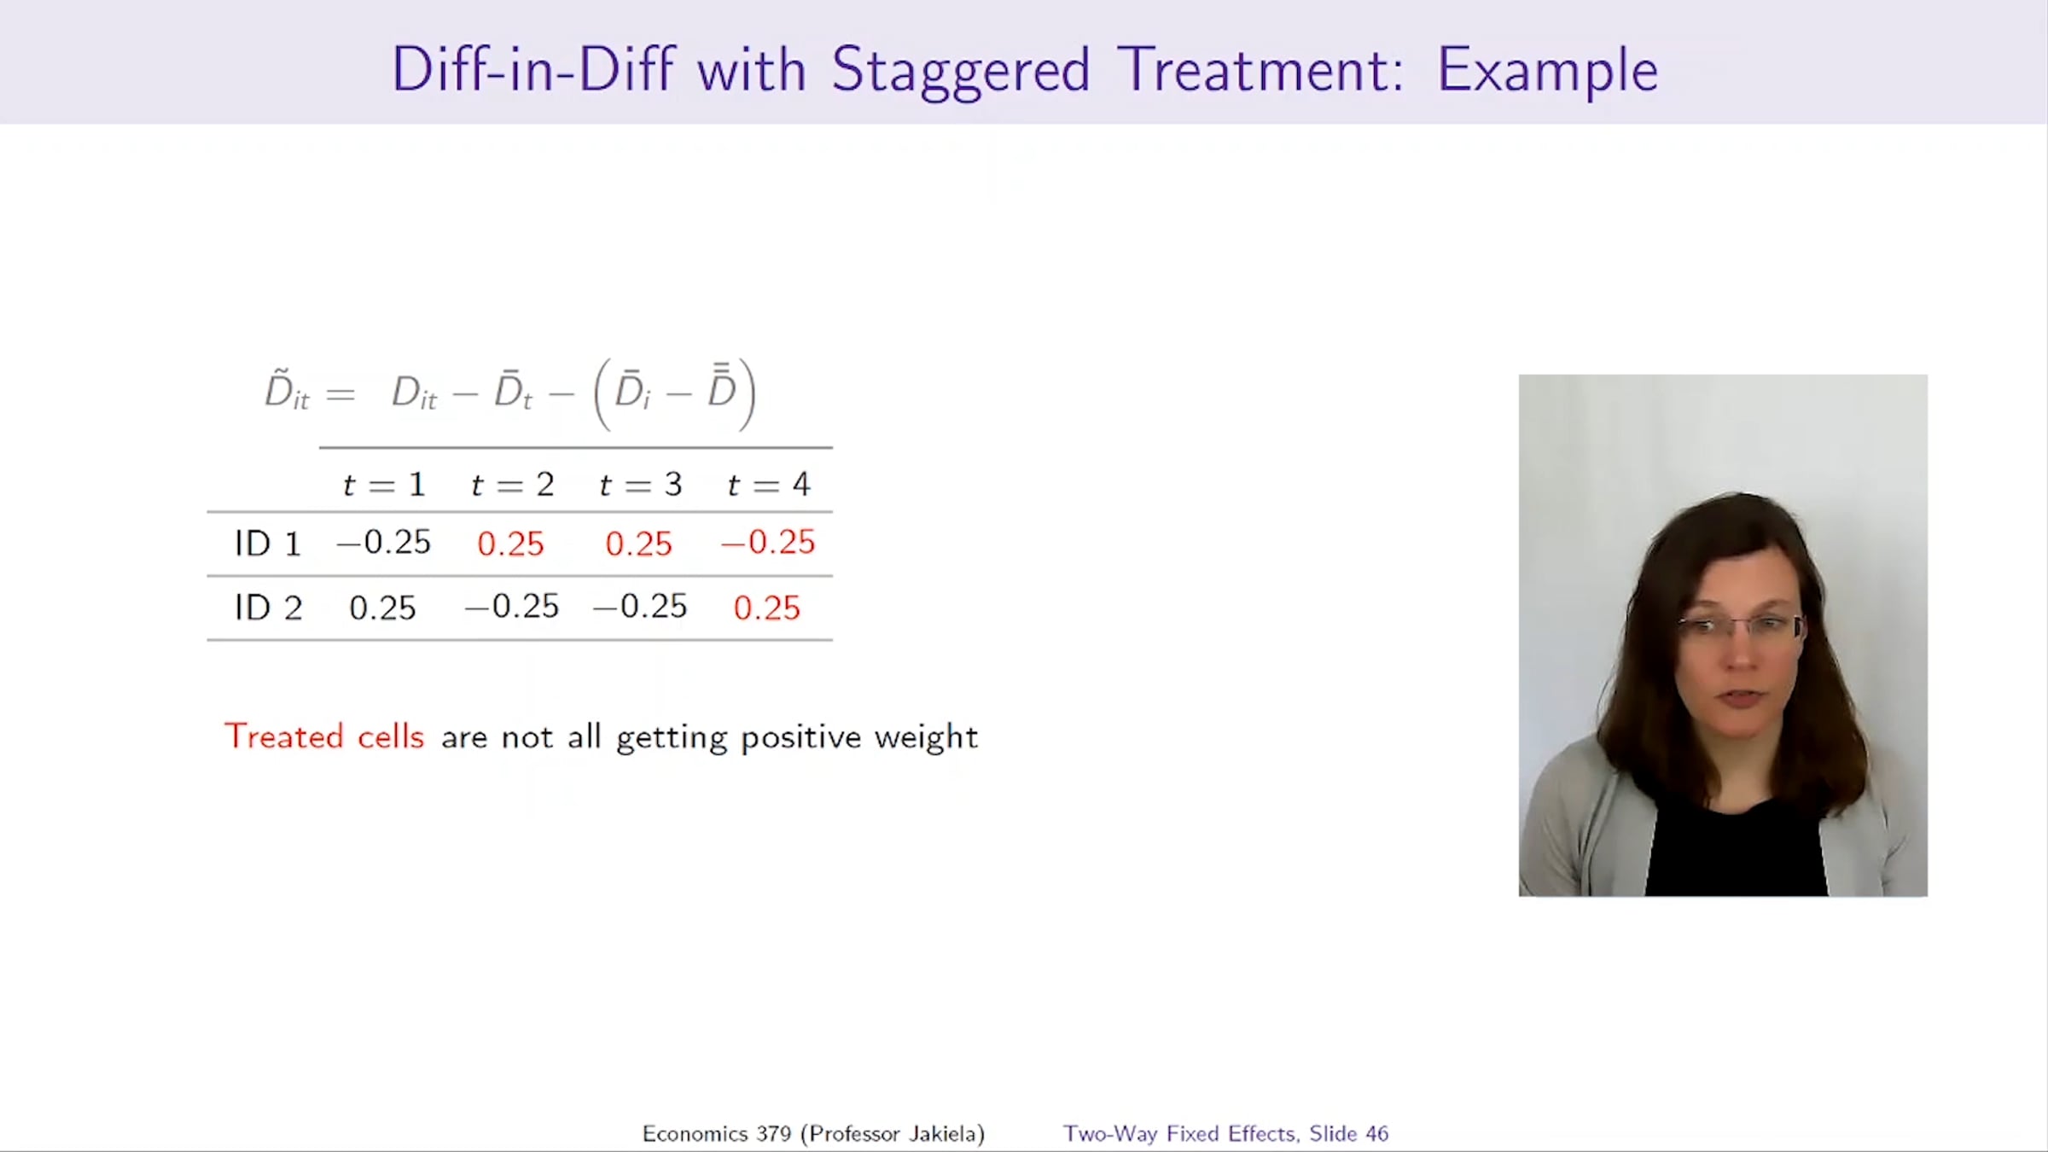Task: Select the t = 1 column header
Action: coord(384,485)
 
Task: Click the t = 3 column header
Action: coord(640,485)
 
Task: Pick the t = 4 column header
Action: coord(768,485)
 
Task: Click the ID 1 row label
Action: coord(268,544)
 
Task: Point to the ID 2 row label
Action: coord(268,608)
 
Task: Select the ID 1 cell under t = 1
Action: coord(384,543)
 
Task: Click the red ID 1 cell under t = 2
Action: coord(510,544)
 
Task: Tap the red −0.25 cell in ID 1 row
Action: coord(768,543)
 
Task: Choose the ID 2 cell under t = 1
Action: coord(382,608)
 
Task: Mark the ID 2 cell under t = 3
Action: coord(640,607)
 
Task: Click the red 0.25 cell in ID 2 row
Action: coord(766,608)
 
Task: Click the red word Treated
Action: coord(284,736)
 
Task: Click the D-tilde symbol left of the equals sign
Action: coord(287,391)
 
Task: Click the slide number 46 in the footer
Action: coord(1376,1133)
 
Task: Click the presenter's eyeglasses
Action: coord(1741,627)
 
